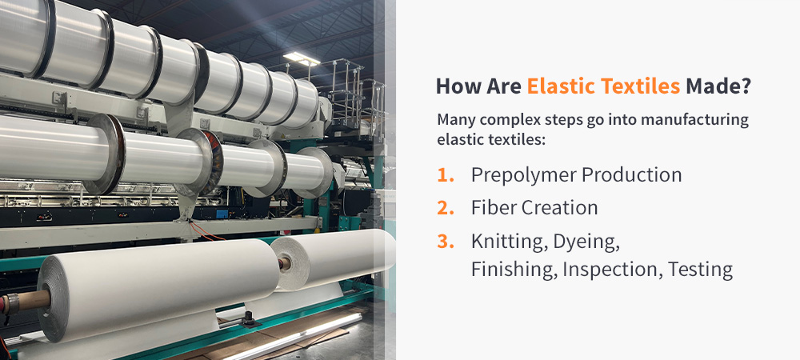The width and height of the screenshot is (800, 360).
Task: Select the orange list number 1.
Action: [445, 174]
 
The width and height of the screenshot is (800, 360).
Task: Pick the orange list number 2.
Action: [446, 208]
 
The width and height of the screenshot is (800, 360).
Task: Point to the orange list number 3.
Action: [446, 241]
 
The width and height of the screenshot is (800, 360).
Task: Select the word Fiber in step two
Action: [491, 208]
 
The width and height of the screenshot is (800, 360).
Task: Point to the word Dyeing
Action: [586, 241]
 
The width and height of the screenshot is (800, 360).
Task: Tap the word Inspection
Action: [610, 270]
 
